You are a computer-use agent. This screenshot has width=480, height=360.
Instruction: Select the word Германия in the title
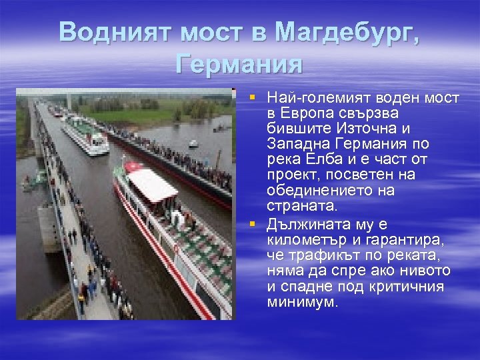[x=239, y=64]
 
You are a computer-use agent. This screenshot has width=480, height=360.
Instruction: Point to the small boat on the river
[x=193, y=143]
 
